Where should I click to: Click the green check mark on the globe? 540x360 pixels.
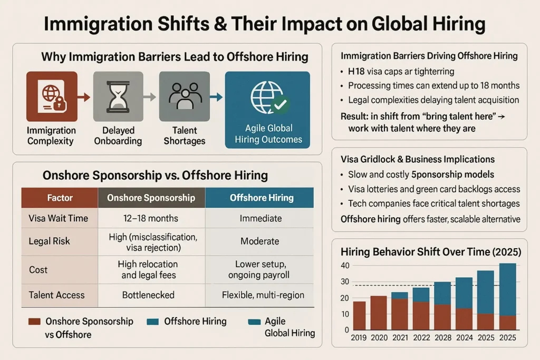(279, 105)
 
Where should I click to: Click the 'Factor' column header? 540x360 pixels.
(60, 198)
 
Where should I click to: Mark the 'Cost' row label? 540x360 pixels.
(38, 269)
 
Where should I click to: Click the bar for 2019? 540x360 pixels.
(359, 315)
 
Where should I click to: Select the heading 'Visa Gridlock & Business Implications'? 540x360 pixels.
(418, 159)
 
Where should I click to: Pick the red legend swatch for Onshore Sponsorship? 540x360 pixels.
(33, 321)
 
